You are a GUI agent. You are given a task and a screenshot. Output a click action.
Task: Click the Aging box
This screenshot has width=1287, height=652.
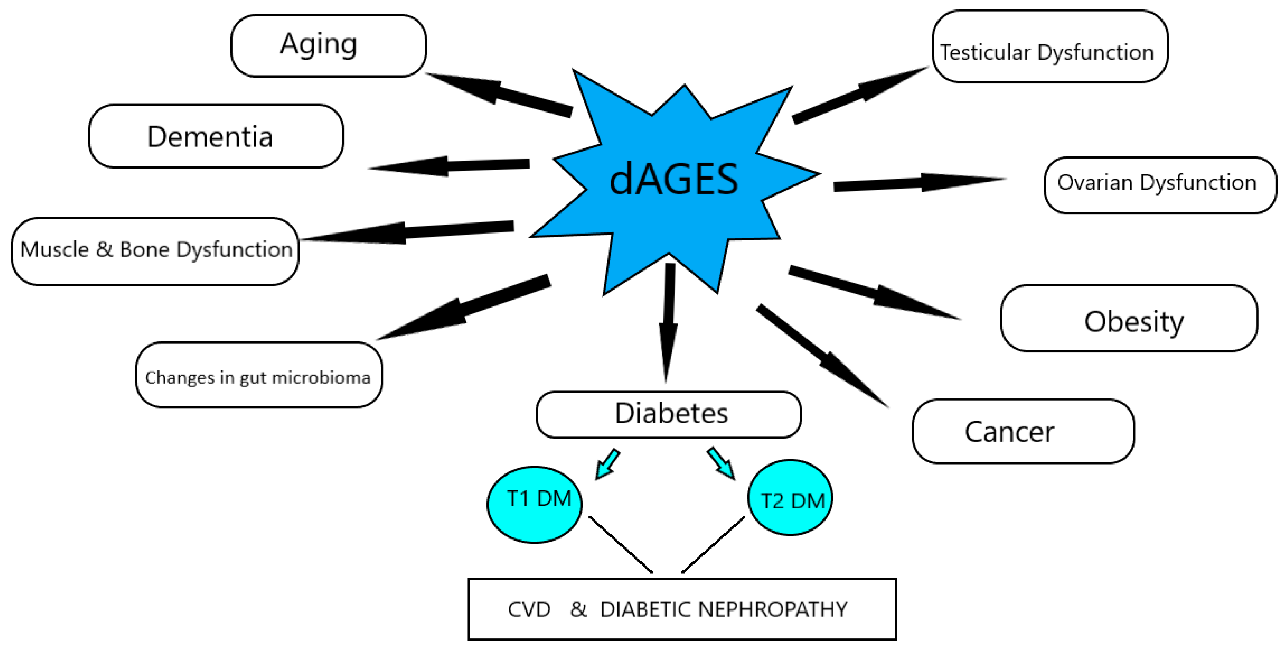[x=328, y=45]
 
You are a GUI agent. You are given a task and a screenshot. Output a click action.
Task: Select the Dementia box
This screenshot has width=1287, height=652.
[x=216, y=136]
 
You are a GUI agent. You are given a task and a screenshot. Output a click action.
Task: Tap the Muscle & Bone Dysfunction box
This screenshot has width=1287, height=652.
[x=155, y=251]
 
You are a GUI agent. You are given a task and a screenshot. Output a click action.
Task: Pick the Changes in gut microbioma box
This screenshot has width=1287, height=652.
[x=258, y=375]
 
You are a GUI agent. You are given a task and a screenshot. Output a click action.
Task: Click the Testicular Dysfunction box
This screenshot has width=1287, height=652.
[x=1049, y=47]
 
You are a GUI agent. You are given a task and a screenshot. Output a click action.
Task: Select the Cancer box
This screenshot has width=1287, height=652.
[x=1023, y=431]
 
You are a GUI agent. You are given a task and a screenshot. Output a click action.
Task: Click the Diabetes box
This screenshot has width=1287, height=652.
[x=668, y=414]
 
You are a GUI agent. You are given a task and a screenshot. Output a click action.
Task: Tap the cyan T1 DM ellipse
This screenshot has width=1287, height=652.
[x=534, y=504]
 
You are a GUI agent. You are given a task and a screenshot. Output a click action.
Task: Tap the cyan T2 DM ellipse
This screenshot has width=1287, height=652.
[x=790, y=498]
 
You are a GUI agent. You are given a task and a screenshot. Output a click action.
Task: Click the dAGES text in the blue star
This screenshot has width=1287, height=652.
[x=673, y=179]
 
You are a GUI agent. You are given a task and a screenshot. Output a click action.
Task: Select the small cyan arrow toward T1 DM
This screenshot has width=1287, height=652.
[x=607, y=463]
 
